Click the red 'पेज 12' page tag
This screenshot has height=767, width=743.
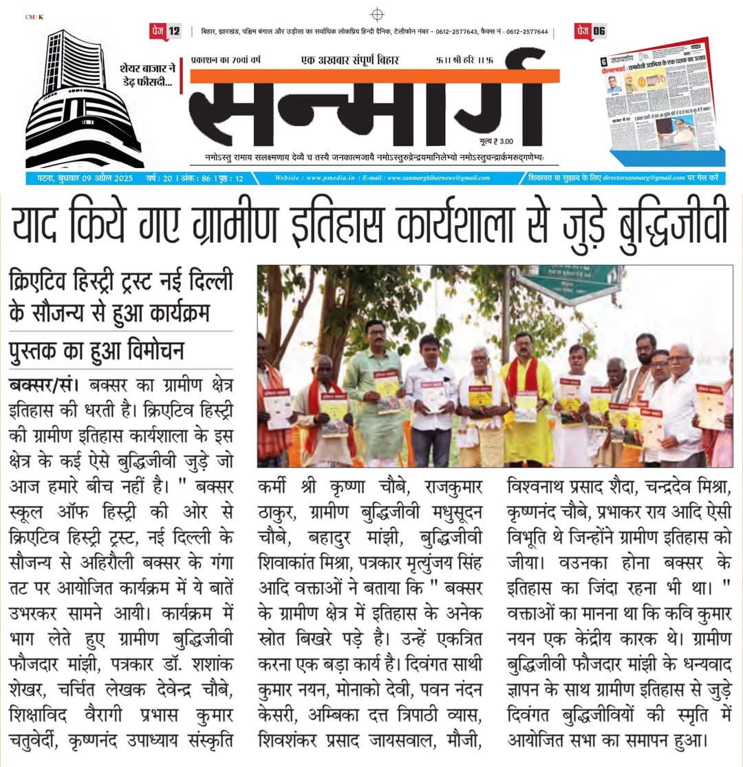[x=165, y=30]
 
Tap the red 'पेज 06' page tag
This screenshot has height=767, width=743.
[x=590, y=30]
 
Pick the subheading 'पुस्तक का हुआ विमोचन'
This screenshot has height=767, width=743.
[x=96, y=351]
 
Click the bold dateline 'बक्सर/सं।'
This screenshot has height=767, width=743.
[x=43, y=383]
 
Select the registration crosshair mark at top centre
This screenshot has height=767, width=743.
[x=376, y=14]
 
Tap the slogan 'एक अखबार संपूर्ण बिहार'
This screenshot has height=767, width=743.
[x=350, y=60]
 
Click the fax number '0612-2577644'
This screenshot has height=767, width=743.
[x=525, y=32]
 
